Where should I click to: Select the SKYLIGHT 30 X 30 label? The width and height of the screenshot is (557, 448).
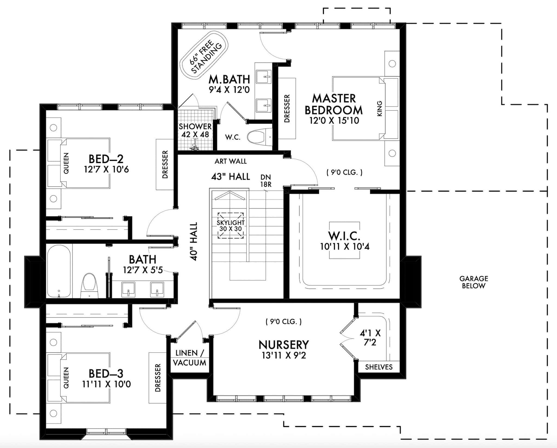tap(231, 226)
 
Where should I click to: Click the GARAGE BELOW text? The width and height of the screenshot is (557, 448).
tap(474, 282)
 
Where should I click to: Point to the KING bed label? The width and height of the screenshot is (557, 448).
tap(380, 109)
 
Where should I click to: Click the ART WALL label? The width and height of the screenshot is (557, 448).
tap(230, 161)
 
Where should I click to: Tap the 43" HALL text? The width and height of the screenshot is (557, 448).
tap(230, 177)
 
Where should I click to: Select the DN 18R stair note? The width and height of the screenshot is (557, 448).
tap(266, 181)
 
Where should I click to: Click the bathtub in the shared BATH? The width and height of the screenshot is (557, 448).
tap(59, 271)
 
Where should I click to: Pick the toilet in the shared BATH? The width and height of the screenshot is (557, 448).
tap(89, 285)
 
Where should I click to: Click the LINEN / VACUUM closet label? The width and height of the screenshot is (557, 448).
tap(190, 358)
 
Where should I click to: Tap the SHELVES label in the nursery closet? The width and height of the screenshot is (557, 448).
tap(379, 367)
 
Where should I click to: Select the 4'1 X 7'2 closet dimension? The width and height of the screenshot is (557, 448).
tap(370, 337)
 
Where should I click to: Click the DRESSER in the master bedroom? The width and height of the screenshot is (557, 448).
tap(287, 109)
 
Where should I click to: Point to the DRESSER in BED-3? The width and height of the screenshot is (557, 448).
tap(158, 378)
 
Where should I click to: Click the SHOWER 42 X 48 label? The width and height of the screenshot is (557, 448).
tap(195, 130)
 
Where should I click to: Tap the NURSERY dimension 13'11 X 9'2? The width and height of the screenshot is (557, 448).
tap(284, 355)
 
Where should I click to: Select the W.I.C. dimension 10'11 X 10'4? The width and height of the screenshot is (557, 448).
tap(345, 247)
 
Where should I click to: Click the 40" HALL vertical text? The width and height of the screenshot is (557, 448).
tap(194, 242)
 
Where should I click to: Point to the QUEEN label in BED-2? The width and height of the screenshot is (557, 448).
tap(66, 163)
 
